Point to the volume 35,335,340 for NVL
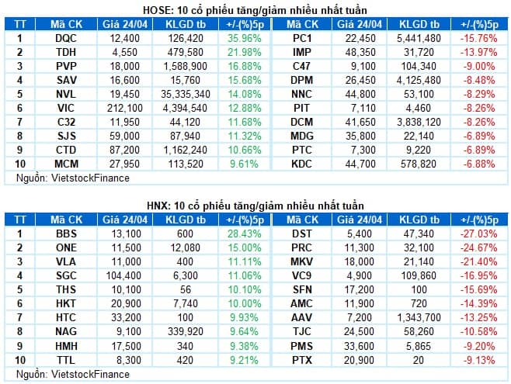pos(186,93)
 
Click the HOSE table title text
pos(256,9)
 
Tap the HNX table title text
pos(256,205)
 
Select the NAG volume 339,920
pos(186,330)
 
